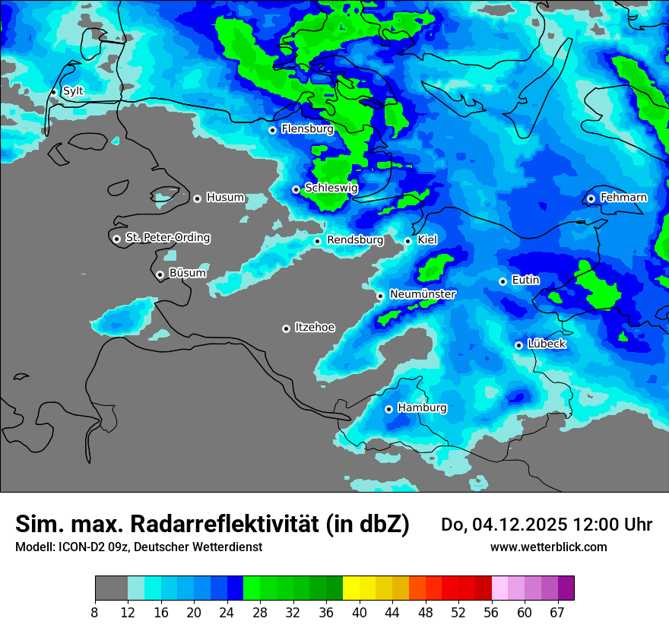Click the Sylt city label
point(73,91)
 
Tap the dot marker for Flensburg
point(272,130)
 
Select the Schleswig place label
point(331,188)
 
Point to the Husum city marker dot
point(197,198)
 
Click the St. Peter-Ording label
point(167,238)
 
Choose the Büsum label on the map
point(187,273)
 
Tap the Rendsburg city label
point(355,240)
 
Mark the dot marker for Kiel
point(407,241)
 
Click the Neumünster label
point(423,294)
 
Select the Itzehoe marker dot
point(286,328)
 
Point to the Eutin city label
point(525,281)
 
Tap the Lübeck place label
point(546,344)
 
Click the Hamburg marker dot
point(388,409)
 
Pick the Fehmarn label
point(623,198)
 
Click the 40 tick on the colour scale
point(359,612)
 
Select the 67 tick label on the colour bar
point(556,612)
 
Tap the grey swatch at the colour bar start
point(111,588)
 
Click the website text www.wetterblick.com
point(548,547)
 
